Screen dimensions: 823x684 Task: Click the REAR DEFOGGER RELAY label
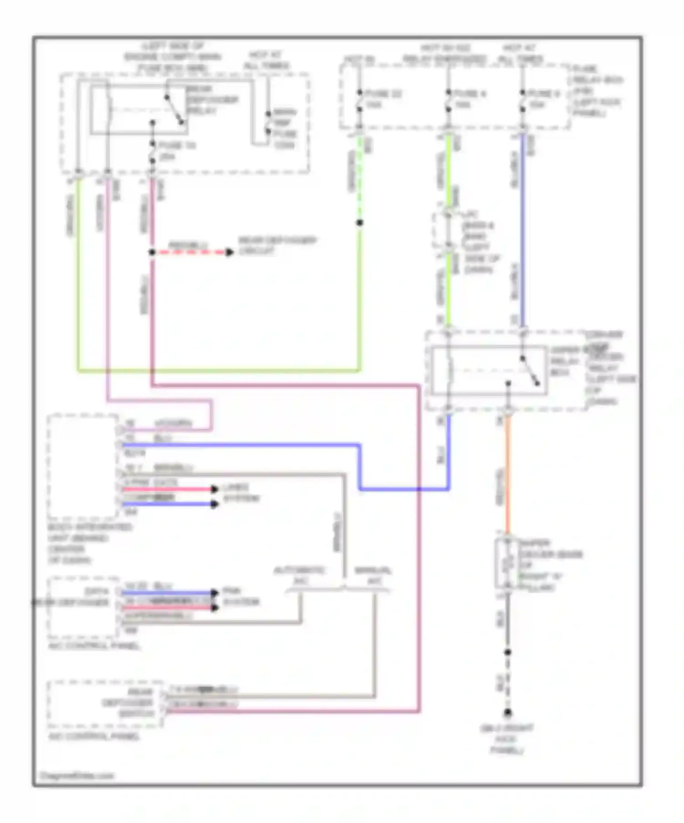tap(211, 99)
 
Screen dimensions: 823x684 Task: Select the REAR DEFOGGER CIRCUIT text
tap(277, 245)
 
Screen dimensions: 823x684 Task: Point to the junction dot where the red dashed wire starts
tap(152, 252)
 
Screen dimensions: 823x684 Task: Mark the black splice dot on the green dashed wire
tap(359, 223)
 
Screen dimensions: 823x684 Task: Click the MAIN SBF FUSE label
tap(285, 129)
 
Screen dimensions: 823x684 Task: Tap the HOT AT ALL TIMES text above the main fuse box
tap(266, 60)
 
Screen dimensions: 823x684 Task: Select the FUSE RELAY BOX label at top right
tap(597, 91)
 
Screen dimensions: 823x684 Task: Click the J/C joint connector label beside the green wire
tap(479, 242)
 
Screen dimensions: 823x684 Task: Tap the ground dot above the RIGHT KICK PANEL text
tap(507, 713)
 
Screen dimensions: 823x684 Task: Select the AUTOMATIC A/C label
tap(299, 575)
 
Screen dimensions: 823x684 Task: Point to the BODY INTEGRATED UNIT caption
tap(89, 543)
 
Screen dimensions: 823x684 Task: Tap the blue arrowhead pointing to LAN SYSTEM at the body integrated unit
tap(214, 504)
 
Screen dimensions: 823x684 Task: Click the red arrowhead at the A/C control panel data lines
tap(214, 608)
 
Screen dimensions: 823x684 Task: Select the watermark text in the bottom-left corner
tap(76, 775)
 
